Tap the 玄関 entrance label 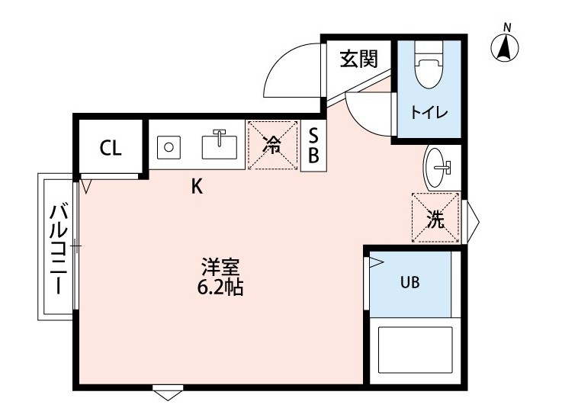pos(358,59)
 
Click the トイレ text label pos(429,113)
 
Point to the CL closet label pos(111,148)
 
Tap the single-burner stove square pos(169,145)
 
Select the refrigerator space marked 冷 pos(272,145)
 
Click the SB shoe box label pos(313,145)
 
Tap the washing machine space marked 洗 pos(435,219)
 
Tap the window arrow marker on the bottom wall pos(167,393)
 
